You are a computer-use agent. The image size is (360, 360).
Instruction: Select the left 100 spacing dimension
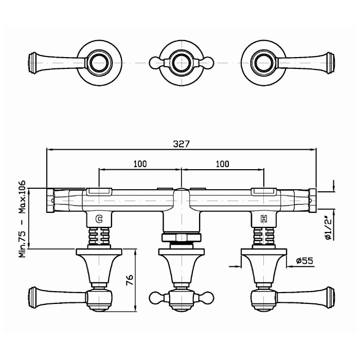click(140, 164)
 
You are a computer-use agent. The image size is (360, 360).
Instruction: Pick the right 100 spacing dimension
click(222, 164)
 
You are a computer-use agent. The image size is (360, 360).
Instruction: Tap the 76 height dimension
click(130, 280)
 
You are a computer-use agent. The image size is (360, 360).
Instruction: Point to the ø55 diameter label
click(305, 261)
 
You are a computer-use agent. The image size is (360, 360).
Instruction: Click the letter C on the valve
click(100, 219)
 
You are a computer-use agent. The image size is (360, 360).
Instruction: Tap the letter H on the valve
click(264, 219)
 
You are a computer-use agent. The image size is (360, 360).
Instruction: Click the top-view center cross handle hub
click(181, 63)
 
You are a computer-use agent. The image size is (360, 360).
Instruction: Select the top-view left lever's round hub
click(98, 63)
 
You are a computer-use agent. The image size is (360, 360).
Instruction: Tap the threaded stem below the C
click(100, 238)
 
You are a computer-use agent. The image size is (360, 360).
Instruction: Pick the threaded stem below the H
click(264, 238)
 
